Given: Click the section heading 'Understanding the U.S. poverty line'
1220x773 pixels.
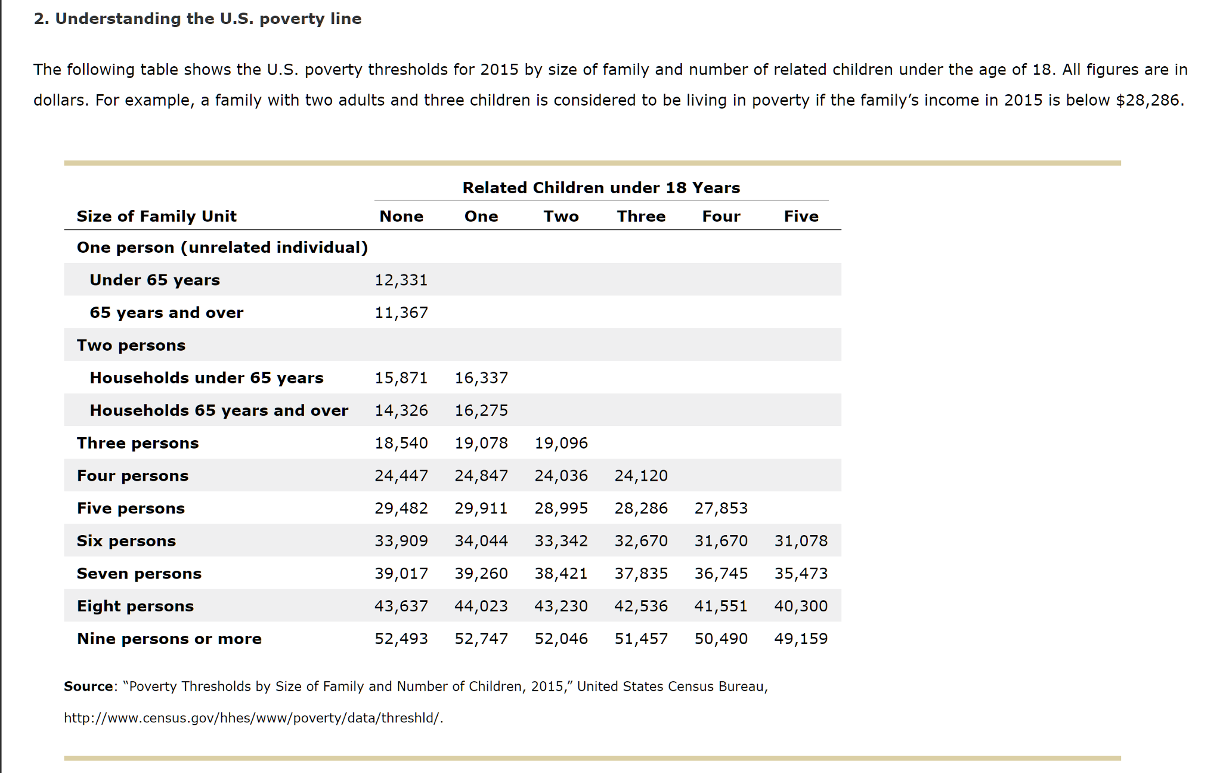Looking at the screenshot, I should [208, 18].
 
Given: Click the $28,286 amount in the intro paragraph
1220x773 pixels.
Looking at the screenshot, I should [1148, 100].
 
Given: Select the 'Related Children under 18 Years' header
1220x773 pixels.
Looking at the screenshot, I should [601, 188].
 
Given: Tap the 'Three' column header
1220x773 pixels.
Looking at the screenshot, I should [641, 216].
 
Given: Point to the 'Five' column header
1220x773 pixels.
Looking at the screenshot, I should [801, 216].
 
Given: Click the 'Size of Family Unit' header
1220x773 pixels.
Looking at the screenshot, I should [156, 216].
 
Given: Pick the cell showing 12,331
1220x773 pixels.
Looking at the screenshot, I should [401, 280].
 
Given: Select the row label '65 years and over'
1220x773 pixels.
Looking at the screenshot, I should [166, 313].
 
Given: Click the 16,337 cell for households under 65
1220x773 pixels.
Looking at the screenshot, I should [481, 378].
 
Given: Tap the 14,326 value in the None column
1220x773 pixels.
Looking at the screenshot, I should [401, 410].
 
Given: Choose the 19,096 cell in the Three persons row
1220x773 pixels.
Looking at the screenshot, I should [561, 443].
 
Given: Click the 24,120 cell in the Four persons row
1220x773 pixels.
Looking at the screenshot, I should [640, 475].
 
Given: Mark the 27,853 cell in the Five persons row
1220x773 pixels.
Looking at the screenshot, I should [720, 508].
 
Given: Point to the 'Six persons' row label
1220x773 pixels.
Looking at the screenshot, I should [126, 541].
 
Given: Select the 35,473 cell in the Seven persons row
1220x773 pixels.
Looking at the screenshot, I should [800, 573].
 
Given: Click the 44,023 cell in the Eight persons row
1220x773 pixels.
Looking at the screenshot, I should [481, 606].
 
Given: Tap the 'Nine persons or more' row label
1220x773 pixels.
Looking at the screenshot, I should [169, 639].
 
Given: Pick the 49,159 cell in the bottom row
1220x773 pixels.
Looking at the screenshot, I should [800, 639].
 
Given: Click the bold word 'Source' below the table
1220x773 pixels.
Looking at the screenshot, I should [88, 687].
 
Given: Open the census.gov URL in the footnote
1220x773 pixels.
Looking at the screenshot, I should [253, 718].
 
